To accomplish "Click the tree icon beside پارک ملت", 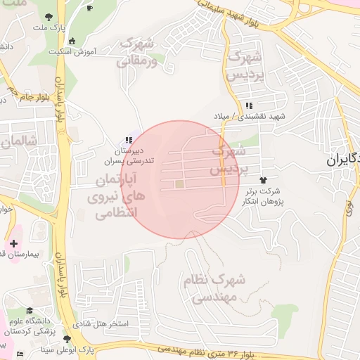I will (x=49, y=17).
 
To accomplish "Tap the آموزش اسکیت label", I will (x=73, y=51).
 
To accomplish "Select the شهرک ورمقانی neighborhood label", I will (x=138, y=53).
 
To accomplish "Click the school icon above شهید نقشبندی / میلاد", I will (x=249, y=105).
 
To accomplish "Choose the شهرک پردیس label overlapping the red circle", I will (x=229, y=160).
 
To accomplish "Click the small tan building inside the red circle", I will (x=179, y=184).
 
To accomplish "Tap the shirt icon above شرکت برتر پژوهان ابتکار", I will (x=264, y=181).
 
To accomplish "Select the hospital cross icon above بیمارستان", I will (x=14, y=243).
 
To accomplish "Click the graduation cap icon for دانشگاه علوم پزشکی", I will (x=30, y=311).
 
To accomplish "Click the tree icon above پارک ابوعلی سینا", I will (x=67, y=339).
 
